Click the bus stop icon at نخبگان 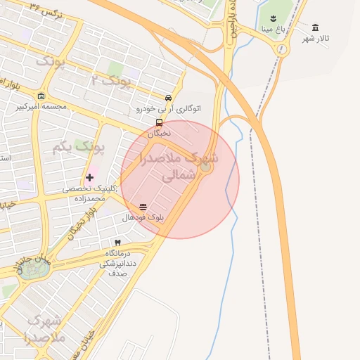click(159, 122)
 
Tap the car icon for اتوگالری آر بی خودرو click(168, 98)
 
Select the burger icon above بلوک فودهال click(143, 207)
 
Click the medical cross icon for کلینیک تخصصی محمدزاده click(89, 177)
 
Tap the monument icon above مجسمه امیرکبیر click(41, 96)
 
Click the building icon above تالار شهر click(314, 27)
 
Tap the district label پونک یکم click(78, 148)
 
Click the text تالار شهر click(316, 38)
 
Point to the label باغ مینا click(273, 30)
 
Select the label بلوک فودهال click(143, 218)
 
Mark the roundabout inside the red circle click(206, 167)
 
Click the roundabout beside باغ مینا click(282, 49)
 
